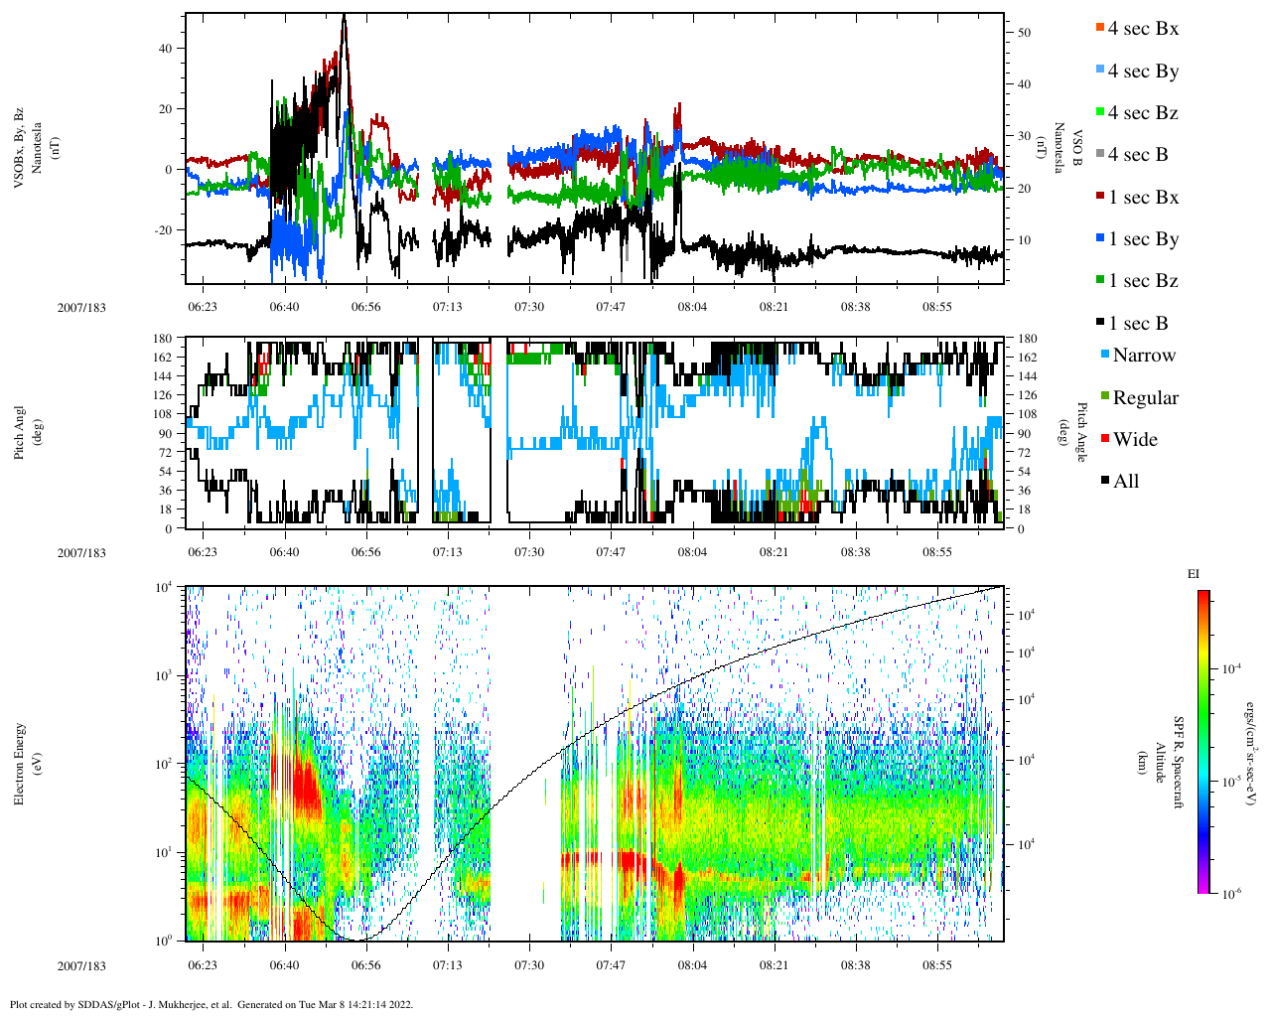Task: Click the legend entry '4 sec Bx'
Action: point(1143,29)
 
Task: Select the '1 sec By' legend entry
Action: point(1143,239)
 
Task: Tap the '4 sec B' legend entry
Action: point(1138,155)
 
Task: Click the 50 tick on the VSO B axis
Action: point(1024,33)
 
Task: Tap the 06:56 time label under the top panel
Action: point(365,307)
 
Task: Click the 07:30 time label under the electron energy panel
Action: point(528,965)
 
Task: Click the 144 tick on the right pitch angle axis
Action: point(1027,376)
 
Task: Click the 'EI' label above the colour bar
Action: point(1193,574)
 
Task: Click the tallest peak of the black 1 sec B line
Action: point(344,17)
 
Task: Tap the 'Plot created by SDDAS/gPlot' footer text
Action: point(211,1004)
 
